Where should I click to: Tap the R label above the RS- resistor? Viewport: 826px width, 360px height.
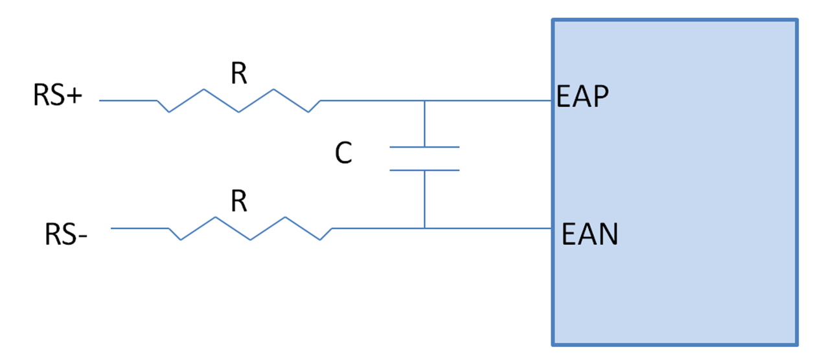coord(238,203)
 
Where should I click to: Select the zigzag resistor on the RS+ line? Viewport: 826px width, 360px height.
coord(238,101)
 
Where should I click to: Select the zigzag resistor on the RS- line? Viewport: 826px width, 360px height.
coord(250,229)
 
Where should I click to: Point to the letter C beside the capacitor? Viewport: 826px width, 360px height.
coord(343,154)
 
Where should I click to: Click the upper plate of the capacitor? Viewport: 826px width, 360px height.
coord(424,148)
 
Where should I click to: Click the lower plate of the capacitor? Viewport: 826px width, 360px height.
coord(424,170)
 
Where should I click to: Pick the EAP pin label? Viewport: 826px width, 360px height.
coord(582,97)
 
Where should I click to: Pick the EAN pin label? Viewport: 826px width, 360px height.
coord(590,234)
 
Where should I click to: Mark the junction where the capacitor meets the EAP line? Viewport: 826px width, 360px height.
coord(424,101)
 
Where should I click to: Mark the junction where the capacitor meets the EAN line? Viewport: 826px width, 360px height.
coord(424,228)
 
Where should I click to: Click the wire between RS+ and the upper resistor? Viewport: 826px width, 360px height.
coord(128,101)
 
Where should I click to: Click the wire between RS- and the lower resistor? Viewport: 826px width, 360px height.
coord(139,228)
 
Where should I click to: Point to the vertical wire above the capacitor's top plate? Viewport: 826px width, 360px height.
coord(424,124)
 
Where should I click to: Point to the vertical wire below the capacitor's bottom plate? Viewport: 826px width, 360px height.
coord(424,199)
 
